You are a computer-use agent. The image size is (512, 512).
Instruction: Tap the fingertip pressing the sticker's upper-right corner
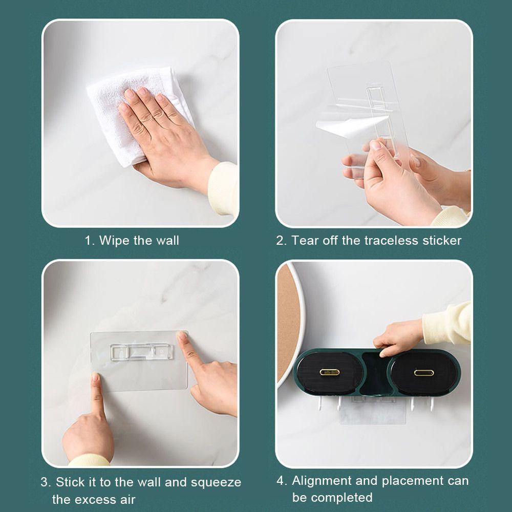181,336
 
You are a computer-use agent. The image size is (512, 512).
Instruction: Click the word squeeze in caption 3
216,482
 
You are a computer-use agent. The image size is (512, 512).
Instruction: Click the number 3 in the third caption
45,482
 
